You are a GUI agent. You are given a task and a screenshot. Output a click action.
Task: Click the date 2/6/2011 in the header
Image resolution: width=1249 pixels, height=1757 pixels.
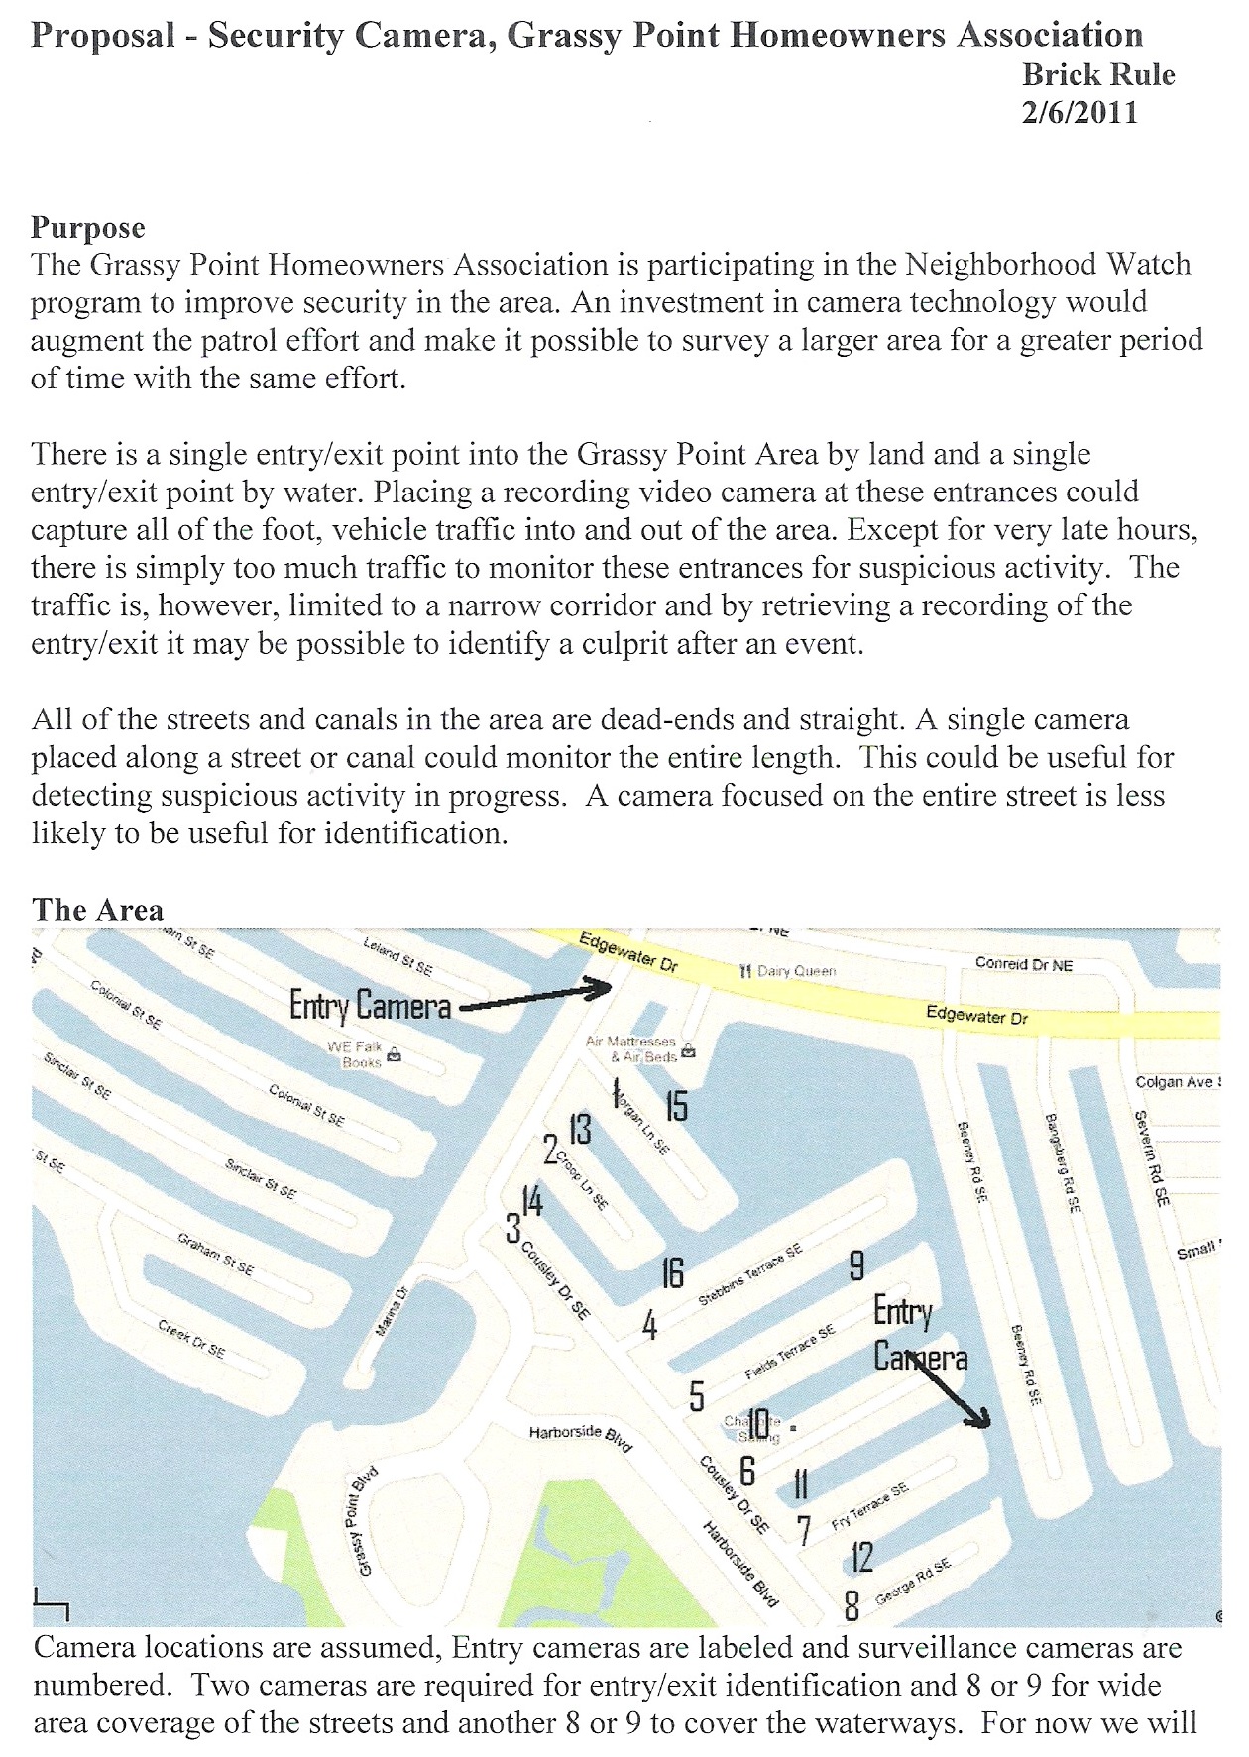point(1079,112)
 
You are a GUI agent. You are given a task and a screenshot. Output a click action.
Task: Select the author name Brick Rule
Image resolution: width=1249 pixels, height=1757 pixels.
point(1098,75)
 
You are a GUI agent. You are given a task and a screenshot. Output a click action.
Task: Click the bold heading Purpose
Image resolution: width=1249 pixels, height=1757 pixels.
point(88,228)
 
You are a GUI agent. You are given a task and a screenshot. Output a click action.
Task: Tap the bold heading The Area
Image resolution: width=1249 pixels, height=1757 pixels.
point(97,910)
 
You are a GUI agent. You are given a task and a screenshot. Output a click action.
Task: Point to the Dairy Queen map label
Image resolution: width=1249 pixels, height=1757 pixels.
point(788,971)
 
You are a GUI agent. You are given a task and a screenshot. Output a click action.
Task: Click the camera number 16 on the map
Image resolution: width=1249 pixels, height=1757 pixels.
point(673,1272)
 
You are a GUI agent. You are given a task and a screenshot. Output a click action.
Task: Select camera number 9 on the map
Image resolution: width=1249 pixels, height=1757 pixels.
point(856,1265)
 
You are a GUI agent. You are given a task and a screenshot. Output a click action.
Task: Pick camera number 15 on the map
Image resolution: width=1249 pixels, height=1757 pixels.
point(676,1105)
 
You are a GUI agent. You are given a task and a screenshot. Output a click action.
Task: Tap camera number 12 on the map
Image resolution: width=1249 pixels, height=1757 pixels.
point(862,1557)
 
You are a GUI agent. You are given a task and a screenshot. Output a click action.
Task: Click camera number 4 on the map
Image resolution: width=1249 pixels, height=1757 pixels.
point(650,1325)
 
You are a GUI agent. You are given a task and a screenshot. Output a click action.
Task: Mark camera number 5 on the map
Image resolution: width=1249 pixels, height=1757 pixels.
point(697,1396)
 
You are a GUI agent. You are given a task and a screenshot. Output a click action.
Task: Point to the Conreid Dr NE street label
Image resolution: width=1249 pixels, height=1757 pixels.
point(1024,964)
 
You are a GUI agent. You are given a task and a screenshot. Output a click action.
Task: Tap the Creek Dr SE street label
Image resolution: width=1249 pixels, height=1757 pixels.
point(192,1338)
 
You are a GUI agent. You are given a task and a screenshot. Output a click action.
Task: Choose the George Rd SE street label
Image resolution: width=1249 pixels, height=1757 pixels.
point(913,1582)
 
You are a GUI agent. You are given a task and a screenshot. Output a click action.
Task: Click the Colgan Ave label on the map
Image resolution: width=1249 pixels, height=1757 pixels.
point(1177,1082)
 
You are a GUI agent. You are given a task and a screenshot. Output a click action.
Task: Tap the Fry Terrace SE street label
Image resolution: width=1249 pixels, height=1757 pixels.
point(869,1506)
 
